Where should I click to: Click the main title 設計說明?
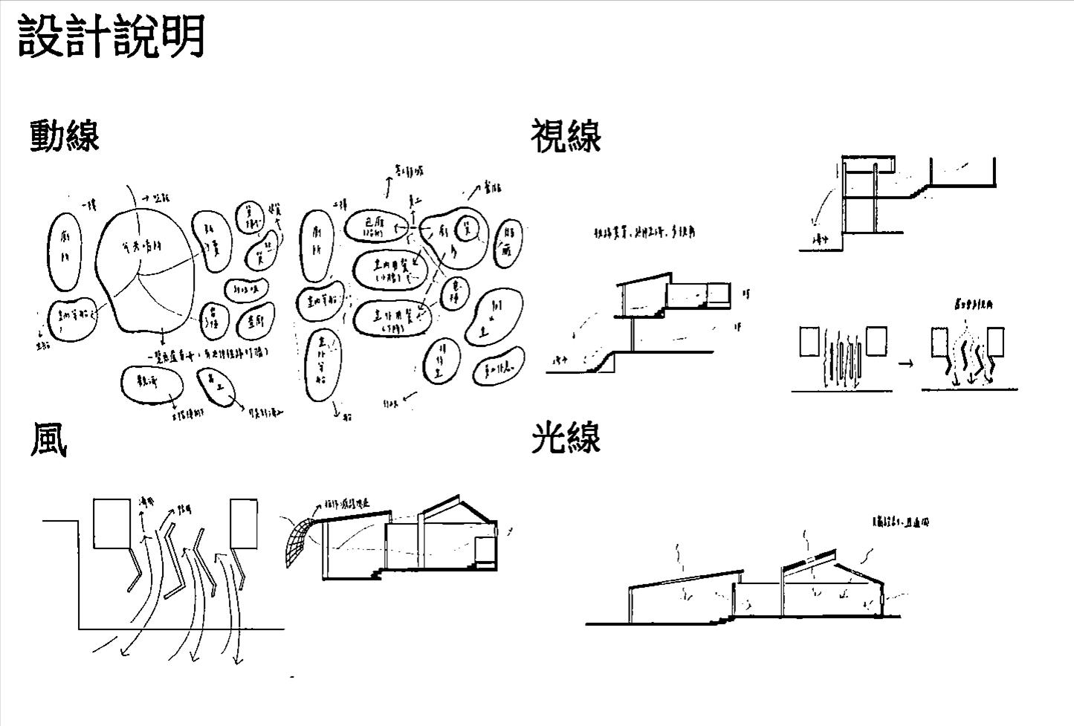coord(111,36)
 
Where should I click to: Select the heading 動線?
coord(65,136)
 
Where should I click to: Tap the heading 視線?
coord(566,136)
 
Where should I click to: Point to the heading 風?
coord(48,440)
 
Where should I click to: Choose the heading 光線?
coord(566,438)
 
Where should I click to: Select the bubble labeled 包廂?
coord(372,227)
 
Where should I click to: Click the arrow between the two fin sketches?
coord(905,363)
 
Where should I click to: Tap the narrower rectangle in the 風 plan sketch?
coord(244,524)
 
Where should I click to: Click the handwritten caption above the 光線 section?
coord(900,522)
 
